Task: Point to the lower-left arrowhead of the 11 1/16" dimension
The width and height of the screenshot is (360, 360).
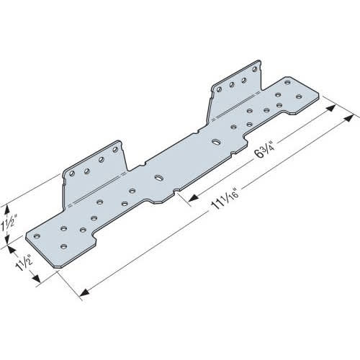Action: [81, 292]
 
